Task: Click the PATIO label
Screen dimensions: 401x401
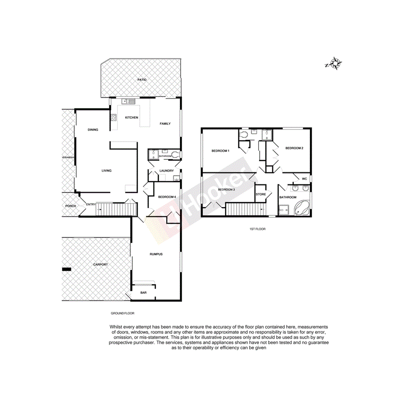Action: pyautogui.click(x=142, y=80)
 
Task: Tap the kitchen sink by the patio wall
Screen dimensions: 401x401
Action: pyautogui.click(x=129, y=102)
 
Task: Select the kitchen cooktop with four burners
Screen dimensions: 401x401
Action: pyautogui.click(x=114, y=117)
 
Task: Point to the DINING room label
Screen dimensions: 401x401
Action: pyautogui.click(x=93, y=130)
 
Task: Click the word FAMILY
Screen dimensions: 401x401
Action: pyautogui.click(x=165, y=123)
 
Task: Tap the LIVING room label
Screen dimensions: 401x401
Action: pyautogui.click(x=106, y=171)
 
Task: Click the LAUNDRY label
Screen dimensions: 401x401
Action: pyautogui.click(x=166, y=171)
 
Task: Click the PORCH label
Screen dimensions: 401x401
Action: pyautogui.click(x=71, y=206)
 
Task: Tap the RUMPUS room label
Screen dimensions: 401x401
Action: pyautogui.click(x=156, y=254)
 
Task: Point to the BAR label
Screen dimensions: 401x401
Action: pyautogui.click(x=143, y=293)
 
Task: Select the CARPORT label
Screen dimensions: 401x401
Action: pyautogui.click(x=100, y=265)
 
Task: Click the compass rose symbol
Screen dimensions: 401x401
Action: pyautogui.click(x=334, y=64)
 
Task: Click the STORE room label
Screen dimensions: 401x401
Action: pyautogui.click(x=261, y=194)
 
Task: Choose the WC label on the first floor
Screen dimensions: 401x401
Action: pyautogui.click(x=304, y=179)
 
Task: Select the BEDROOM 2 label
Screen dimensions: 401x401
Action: pyautogui.click(x=294, y=148)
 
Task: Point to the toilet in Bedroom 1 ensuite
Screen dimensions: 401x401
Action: pyautogui.click(x=244, y=135)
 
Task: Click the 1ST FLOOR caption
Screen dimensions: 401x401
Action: pyautogui.click(x=257, y=229)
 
